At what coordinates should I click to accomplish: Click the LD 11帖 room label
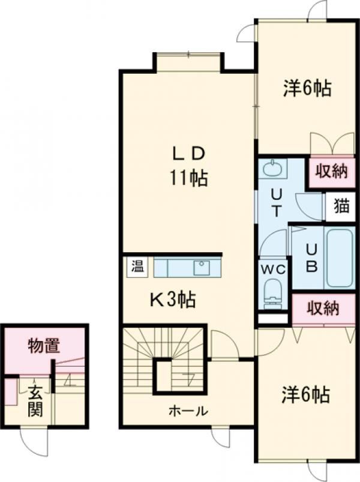click(x=188, y=166)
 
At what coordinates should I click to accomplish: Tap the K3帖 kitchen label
click(x=173, y=300)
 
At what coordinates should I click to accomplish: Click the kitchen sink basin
click(x=202, y=268)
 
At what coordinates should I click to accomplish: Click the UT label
click(x=276, y=202)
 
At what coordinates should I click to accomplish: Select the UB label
click(x=311, y=258)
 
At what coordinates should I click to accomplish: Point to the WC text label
click(x=273, y=270)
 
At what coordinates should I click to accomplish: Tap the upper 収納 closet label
click(x=332, y=171)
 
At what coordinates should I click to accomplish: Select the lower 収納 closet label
click(x=323, y=308)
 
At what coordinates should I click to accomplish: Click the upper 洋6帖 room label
click(x=307, y=88)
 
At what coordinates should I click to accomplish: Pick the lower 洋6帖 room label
click(x=306, y=395)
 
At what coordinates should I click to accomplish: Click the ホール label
click(x=188, y=410)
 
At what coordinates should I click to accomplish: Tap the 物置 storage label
click(x=43, y=346)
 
